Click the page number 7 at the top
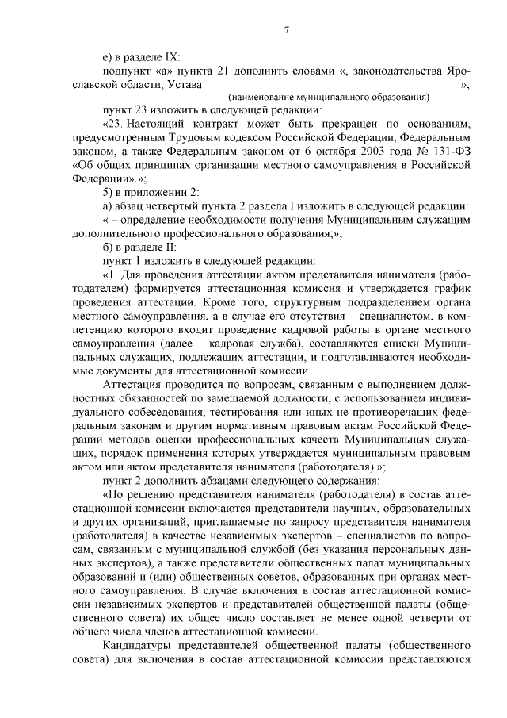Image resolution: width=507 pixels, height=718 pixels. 288,30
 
